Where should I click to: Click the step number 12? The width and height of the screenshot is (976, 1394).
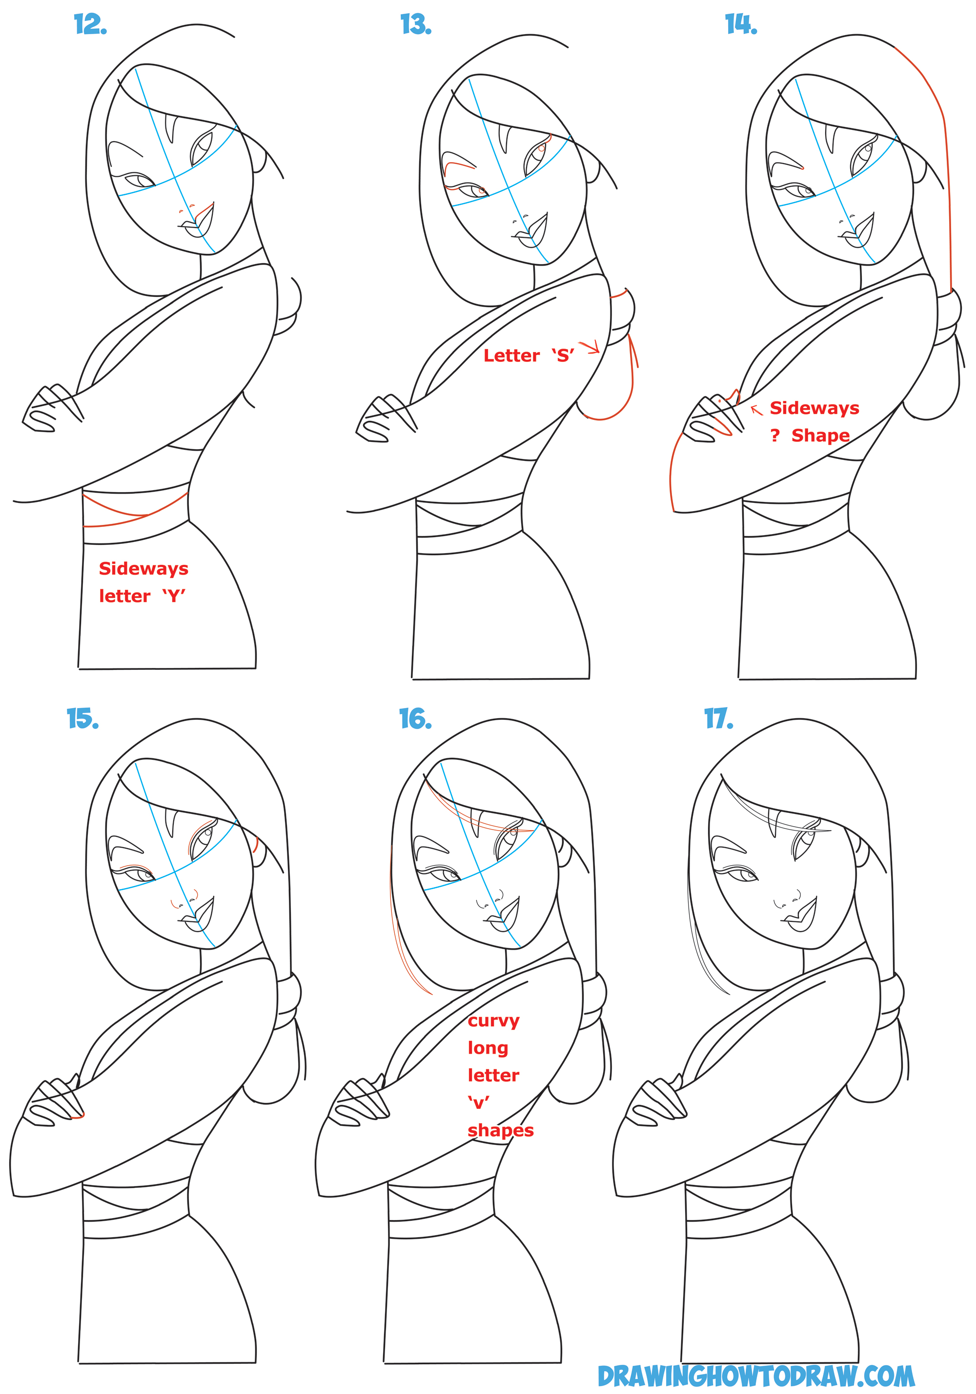click(x=90, y=25)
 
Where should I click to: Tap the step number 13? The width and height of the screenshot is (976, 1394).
click(x=416, y=25)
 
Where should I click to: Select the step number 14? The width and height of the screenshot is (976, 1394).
click(x=740, y=25)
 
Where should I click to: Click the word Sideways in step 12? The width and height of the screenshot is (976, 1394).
click(x=143, y=569)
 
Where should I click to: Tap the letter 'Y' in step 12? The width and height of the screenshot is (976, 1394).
click(x=174, y=596)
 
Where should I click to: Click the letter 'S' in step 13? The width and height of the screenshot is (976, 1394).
click(x=563, y=356)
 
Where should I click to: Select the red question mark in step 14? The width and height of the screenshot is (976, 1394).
click(x=774, y=436)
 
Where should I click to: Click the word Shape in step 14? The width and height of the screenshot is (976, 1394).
click(x=820, y=436)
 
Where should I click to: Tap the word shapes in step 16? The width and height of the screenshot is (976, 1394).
click(x=500, y=1130)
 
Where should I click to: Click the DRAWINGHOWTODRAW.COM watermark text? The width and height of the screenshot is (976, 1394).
click(x=756, y=1376)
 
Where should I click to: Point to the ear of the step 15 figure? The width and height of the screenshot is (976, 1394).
click(x=257, y=845)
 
